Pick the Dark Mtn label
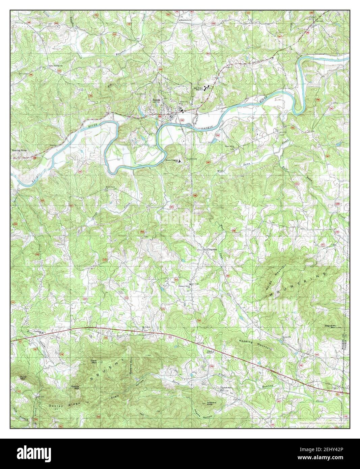coord(94,361)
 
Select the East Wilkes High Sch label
coord(199,89)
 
